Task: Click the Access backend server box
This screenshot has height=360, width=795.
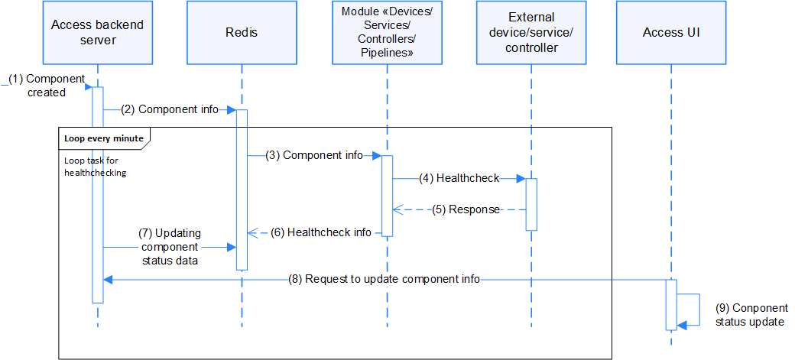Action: [97, 33]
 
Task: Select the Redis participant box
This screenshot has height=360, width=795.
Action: [242, 33]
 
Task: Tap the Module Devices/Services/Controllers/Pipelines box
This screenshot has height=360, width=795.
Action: [387, 33]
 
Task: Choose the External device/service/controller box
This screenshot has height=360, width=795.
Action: [531, 33]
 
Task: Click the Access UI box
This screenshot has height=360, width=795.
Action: [671, 33]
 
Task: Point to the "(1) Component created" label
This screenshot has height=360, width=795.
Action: [51, 86]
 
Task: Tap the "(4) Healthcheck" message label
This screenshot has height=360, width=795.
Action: [459, 178]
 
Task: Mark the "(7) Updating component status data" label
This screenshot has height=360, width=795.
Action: [169, 247]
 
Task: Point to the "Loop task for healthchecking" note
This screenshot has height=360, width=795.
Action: [96, 167]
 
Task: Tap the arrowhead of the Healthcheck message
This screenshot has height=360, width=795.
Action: [521, 178]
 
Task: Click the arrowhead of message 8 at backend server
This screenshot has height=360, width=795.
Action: [108, 280]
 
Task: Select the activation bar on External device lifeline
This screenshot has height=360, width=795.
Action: [531, 204]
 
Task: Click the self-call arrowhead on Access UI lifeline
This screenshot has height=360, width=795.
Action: [682, 326]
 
